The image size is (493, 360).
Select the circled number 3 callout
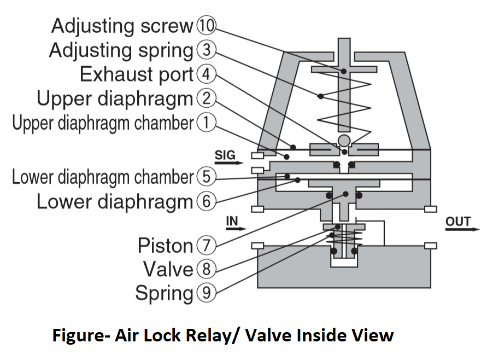tap(206, 50)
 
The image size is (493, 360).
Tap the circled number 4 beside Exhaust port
tap(206, 74)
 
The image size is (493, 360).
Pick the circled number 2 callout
tap(206, 98)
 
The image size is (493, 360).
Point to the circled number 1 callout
tap(206, 123)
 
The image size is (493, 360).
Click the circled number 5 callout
tap(206, 177)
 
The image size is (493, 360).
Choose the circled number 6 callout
tap(206, 201)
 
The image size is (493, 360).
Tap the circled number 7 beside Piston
tap(206, 245)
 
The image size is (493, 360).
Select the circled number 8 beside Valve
tap(206, 269)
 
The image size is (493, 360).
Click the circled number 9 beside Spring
tap(206, 293)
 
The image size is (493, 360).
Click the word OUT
tap(458, 221)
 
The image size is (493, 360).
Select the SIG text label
tap(225, 155)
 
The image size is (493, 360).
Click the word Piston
tap(165, 246)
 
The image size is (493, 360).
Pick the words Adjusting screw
tap(122, 26)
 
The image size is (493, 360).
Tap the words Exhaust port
tap(137, 74)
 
